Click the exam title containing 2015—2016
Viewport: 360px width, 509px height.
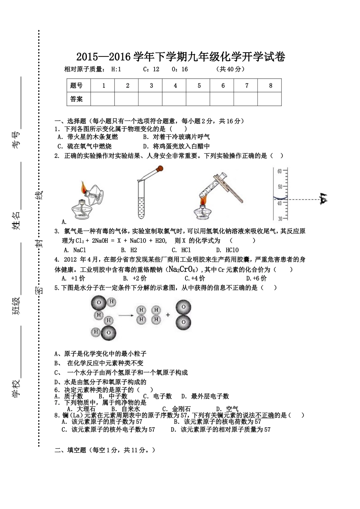[180, 57]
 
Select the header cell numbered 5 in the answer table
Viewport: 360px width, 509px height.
[199, 86]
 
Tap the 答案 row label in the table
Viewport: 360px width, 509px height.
[77, 99]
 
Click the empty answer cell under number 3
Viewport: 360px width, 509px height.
[151, 99]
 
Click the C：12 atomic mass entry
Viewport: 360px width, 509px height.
[151, 69]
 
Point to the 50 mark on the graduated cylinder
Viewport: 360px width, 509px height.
[280, 187]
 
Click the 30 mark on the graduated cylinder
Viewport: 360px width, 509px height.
[280, 219]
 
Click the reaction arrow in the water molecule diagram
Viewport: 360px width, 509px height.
[127, 315]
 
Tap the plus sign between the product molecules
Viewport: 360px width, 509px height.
[167, 315]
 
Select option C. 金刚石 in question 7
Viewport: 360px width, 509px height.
[177, 409]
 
